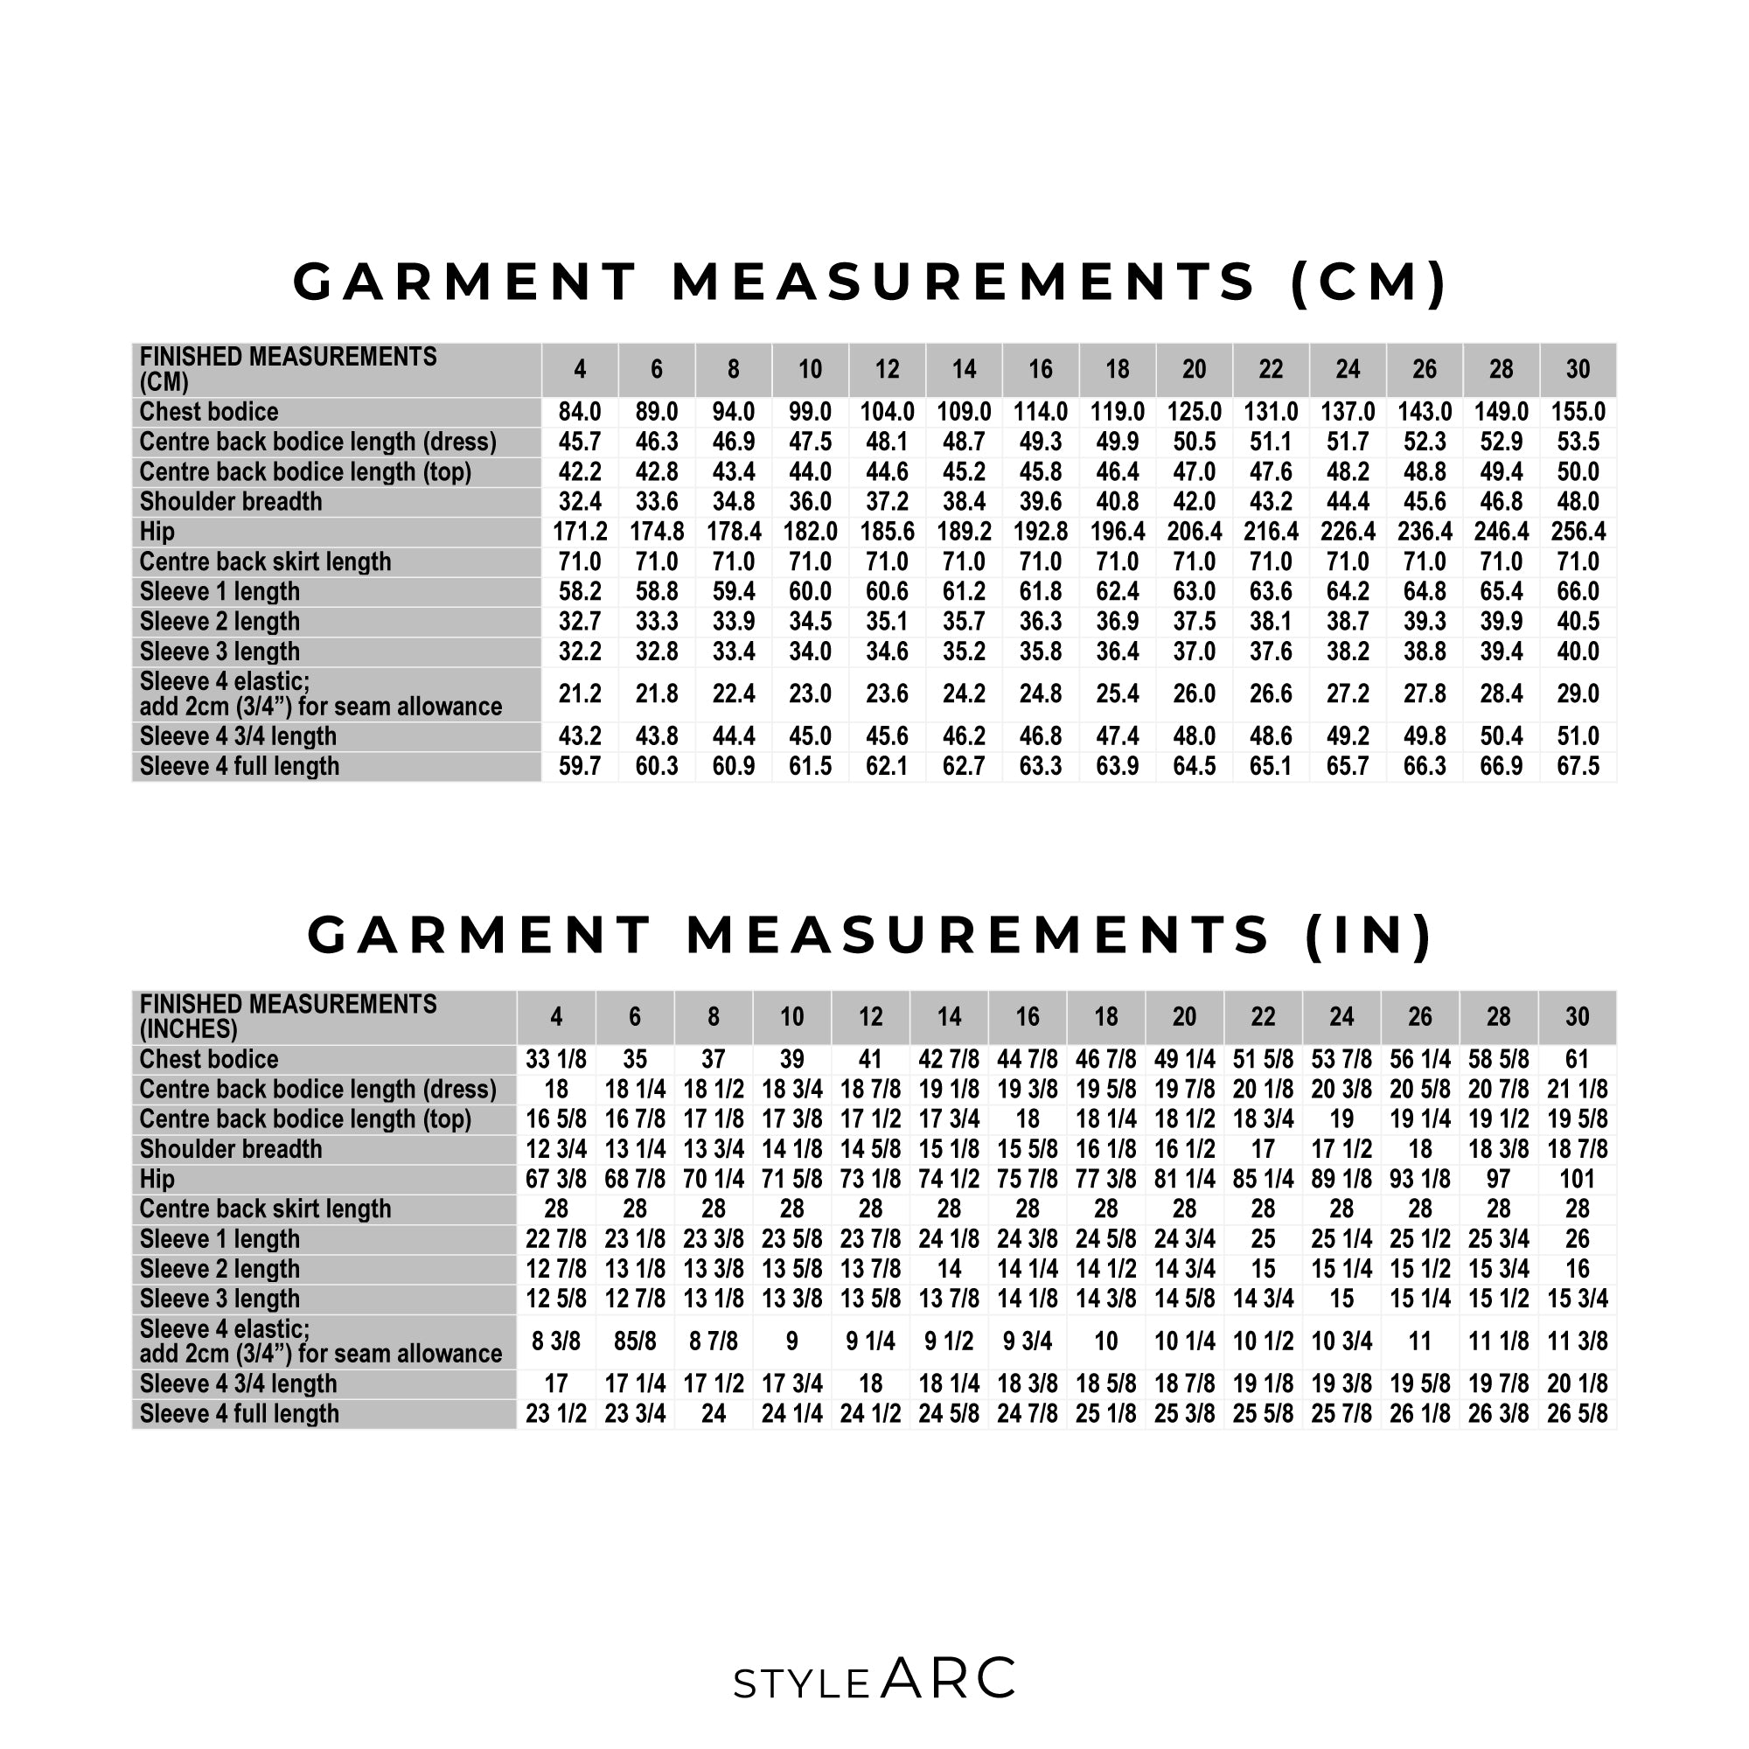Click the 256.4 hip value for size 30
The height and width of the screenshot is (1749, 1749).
tap(1578, 532)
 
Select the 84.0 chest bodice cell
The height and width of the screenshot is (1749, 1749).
tap(580, 412)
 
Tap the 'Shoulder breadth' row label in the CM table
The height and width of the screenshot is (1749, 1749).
tap(231, 501)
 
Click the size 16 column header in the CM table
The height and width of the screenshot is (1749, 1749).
tap(1040, 369)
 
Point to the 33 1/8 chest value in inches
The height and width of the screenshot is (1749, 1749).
tap(556, 1059)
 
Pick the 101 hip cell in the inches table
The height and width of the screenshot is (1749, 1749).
tap(1577, 1179)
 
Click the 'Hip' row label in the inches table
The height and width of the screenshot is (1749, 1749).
tap(157, 1179)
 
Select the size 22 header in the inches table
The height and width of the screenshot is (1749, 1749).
tap(1263, 1017)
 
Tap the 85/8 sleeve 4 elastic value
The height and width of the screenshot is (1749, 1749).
tap(635, 1341)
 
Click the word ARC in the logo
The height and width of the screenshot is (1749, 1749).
tap(948, 1679)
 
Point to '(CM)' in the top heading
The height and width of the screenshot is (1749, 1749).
tap(1369, 282)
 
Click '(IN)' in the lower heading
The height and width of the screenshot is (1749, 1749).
tap(1369, 934)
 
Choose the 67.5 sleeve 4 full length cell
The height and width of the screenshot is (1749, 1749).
tap(1578, 766)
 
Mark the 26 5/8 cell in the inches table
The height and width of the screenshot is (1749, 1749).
tap(1577, 1413)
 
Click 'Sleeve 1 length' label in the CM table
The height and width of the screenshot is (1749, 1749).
tap(219, 591)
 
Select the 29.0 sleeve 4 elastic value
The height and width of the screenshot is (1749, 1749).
tap(1578, 693)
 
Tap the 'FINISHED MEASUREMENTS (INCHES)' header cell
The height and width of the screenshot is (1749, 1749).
tap(288, 1017)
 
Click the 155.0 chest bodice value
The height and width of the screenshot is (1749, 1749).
tap(1578, 412)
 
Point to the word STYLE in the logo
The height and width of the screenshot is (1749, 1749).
tap(801, 1685)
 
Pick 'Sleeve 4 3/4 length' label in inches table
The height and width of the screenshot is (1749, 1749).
tap(238, 1383)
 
